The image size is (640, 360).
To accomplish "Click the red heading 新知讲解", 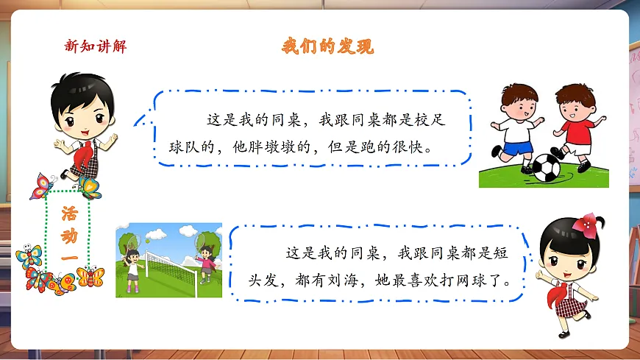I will click(x=96, y=47).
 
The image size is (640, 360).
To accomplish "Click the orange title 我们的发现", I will click(x=328, y=46).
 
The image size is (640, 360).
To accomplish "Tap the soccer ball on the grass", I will click(x=546, y=168).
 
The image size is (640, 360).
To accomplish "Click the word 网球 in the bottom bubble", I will click(x=478, y=282).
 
